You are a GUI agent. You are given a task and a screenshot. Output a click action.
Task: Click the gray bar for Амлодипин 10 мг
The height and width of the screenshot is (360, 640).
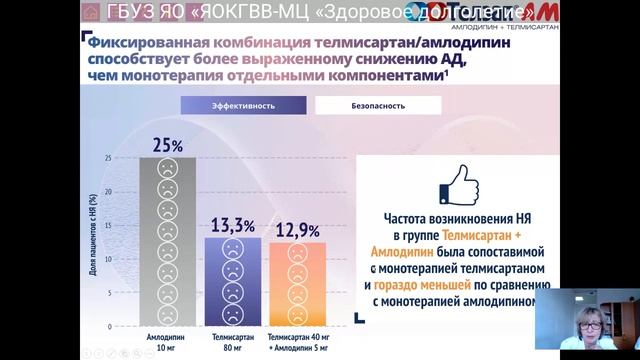[167, 240]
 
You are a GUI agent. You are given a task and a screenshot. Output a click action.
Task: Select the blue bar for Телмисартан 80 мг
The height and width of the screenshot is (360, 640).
[232, 279]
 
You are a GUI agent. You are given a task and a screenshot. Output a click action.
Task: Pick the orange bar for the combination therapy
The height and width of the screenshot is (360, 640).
[297, 281]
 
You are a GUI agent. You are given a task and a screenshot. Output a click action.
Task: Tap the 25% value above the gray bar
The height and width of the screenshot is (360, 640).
[167, 145]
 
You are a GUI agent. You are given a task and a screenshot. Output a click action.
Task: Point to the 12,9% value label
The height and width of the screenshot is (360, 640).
[298, 230]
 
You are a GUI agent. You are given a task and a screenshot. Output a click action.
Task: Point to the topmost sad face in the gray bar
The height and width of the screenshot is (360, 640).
[167, 167]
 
